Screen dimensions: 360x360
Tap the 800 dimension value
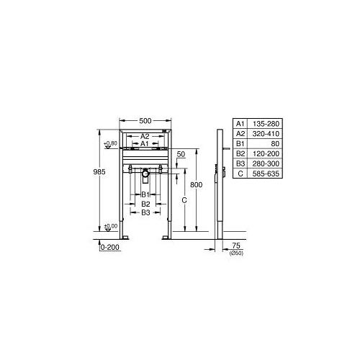tap(197, 185)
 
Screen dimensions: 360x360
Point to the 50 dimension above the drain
tap(180, 155)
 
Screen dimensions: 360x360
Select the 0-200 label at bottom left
tap(109, 247)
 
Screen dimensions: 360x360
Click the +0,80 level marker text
tap(109, 143)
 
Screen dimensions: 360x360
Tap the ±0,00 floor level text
tap(109, 227)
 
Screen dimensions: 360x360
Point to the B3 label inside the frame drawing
tap(145, 212)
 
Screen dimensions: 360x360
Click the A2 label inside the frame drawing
tap(145, 136)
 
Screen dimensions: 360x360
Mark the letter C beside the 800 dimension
tap(185, 199)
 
